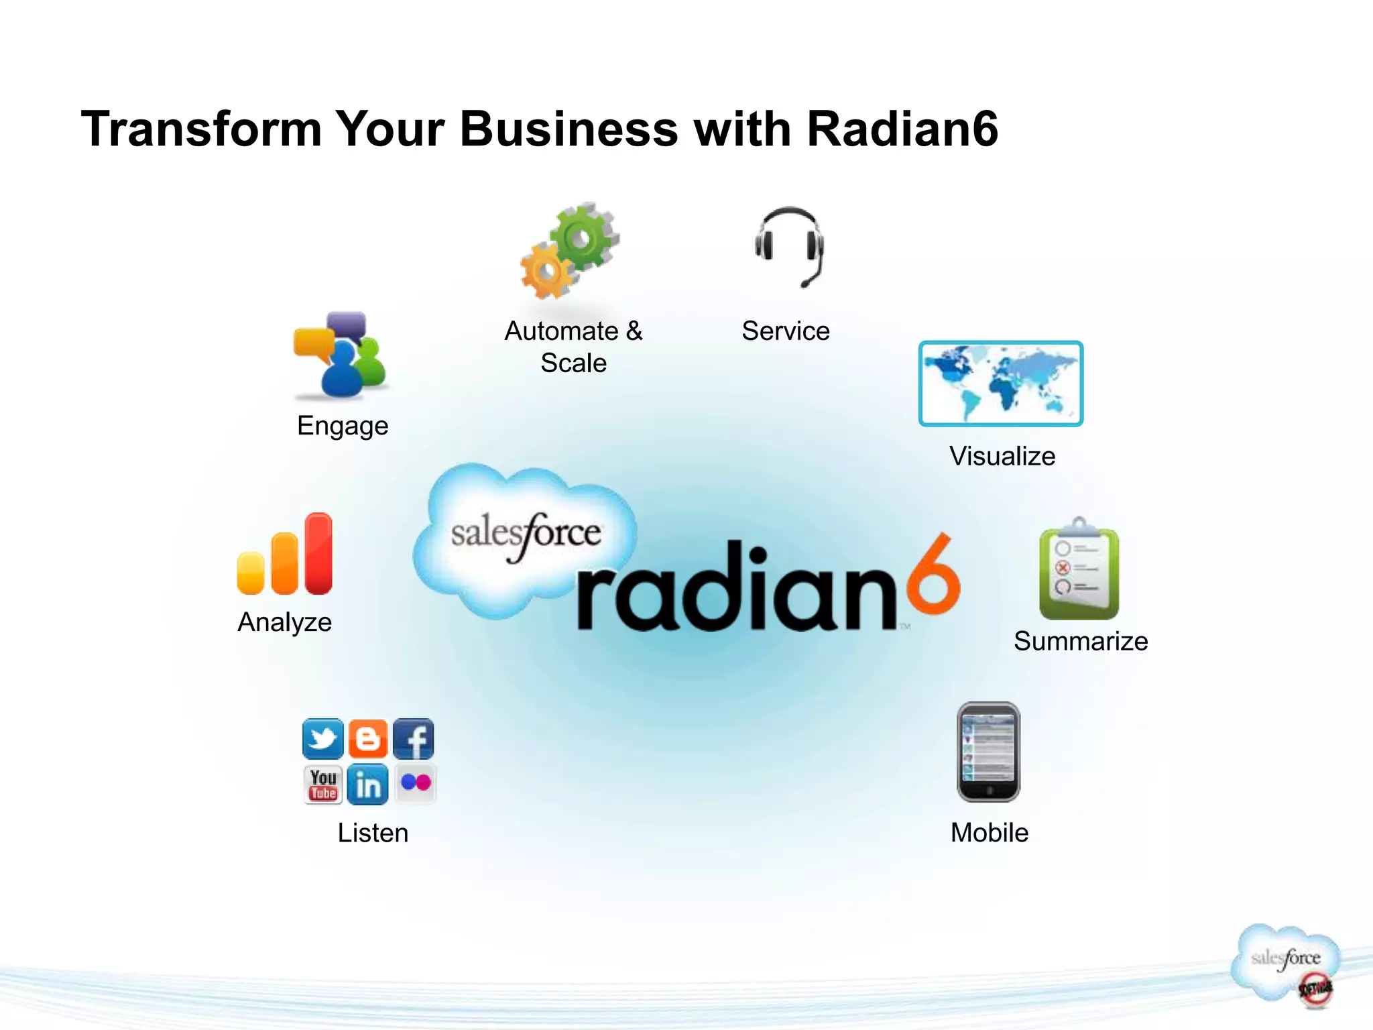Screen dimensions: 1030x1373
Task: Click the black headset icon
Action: point(789,246)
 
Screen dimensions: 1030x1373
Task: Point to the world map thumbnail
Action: point(1000,384)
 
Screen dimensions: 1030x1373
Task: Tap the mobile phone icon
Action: point(988,752)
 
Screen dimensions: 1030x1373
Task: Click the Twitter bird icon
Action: point(322,738)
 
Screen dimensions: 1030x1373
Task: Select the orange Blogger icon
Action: point(368,738)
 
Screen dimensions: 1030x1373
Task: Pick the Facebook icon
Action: point(414,738)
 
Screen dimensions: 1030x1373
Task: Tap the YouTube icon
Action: point(323,784)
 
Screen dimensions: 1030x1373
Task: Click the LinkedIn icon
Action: point(368,784)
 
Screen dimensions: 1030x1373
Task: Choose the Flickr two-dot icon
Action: point(416,783)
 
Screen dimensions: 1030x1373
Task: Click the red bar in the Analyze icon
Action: point(318,553)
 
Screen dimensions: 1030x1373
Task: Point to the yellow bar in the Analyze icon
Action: point(251,573)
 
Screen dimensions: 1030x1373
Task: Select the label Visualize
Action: point(1002,456)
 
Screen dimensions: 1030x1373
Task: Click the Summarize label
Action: point(1081,641)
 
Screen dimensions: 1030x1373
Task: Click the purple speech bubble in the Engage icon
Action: point(347,325)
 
